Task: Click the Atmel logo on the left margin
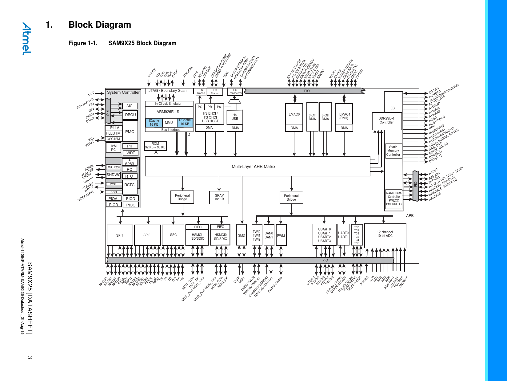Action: [26, 38]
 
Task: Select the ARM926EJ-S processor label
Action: [168, 112]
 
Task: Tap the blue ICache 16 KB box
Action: [154, 123]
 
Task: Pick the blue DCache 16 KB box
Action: [185, 122]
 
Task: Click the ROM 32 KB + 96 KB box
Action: [155, 146]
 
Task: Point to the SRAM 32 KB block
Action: [219, 197]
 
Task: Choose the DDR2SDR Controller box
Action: [386, 120]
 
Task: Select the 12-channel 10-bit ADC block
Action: [385, 236]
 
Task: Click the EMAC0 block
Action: [294, 114]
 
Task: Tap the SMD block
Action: [242, 235]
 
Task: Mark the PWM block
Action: [281, 236]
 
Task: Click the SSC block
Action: [173, 235]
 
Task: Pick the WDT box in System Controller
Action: [130, 153]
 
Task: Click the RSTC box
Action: [130, 185]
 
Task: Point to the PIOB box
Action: [113, 205]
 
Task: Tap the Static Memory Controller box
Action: [393, 151]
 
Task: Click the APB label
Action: [410, 216]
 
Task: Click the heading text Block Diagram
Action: [100, 25]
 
